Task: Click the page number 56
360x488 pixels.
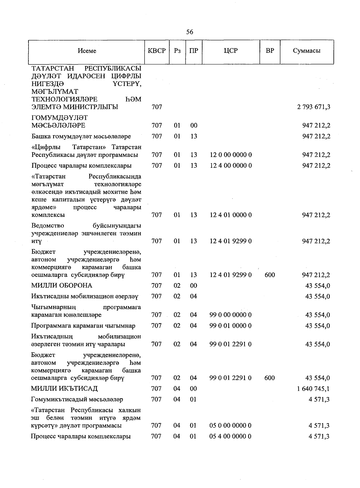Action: coord(190,32)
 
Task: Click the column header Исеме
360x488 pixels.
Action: coord(87,51)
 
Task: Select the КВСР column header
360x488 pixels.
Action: coord(157,51)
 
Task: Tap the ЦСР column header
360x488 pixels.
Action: coord(231,51)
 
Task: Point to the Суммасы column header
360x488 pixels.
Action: coord(307,51)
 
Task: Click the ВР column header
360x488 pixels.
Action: coord(270,51)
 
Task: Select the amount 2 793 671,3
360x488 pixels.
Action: coord(314,107)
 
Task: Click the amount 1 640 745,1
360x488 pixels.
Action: coord(313,389)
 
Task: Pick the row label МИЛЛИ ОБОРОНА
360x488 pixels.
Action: coord(62,286)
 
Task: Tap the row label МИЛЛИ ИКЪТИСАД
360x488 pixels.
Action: coord(64,389)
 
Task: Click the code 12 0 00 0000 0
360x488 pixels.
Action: coord(231,155)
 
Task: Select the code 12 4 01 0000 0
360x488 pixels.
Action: coord(231,215)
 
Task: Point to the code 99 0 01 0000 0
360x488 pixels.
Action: coord(231,326)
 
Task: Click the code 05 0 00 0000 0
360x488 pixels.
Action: coord(231,425)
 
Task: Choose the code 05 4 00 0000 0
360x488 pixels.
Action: coord(231,436)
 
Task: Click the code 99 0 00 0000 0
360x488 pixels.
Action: coord(231,315)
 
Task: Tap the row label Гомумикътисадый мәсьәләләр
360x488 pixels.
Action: coord(77,400)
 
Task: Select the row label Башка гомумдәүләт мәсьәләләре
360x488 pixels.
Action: coord(81,136)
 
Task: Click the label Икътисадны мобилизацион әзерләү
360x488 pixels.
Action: coord(85,296)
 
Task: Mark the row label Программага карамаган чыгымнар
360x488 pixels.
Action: coord(83,326)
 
